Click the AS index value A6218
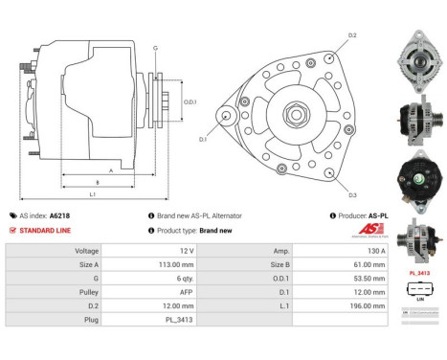(59, 216)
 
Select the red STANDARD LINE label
(45, 231)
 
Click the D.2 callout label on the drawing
(352, 35)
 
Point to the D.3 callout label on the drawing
(352, 195)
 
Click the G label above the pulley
(155, 47)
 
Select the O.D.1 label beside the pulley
(190, 101)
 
